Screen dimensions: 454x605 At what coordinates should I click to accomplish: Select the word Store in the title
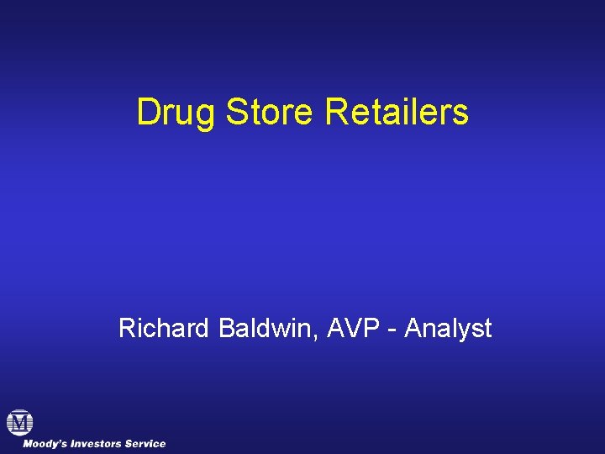coord(269,112)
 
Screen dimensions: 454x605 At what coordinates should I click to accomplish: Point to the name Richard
coord(165,328)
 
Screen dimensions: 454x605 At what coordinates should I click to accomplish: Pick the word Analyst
coord(448,329)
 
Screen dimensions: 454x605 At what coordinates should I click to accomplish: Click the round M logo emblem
coord(19,422)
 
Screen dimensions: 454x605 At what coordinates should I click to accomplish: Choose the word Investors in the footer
coord(100,443)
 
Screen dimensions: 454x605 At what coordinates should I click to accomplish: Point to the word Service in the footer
coord(147,443)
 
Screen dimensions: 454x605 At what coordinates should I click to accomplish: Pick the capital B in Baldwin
coord(226,328)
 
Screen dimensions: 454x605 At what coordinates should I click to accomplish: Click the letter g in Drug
coord(204,115)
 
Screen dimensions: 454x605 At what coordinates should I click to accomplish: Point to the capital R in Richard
coord(127,328)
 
